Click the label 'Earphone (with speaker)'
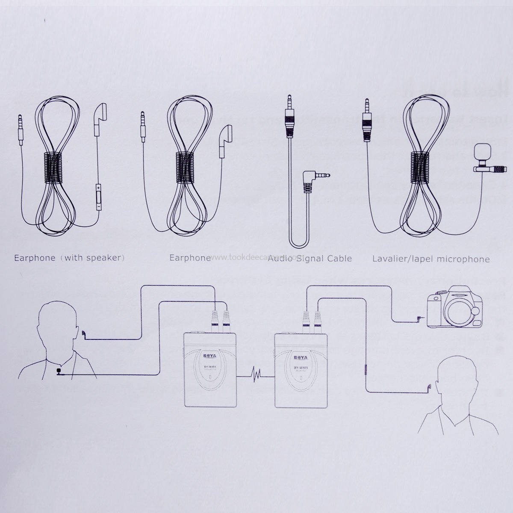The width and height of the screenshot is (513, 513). pos(70,258)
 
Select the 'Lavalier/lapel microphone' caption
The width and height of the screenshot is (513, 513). pos(430,259)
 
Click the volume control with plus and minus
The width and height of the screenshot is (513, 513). pos(99,197)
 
